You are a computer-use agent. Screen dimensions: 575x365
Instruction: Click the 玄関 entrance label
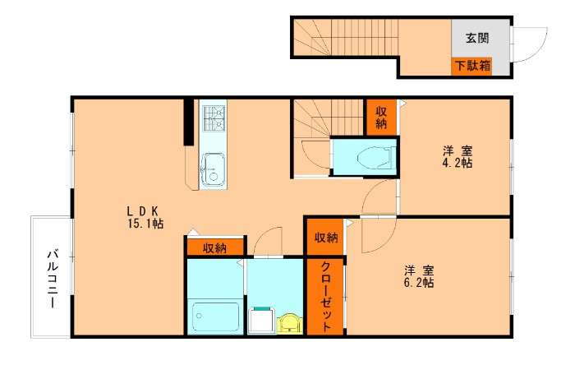[x=477, y=38]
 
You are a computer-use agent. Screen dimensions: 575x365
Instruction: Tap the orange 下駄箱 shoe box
[x=472, y=67]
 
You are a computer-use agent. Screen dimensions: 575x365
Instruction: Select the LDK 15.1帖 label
[x=145, y=217]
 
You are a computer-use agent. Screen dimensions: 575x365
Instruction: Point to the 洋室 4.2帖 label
[x=457, y=157]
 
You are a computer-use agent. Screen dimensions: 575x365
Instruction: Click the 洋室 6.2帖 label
[x=419, y=276]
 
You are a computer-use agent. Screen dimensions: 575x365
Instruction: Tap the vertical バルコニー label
[x=53, y=280]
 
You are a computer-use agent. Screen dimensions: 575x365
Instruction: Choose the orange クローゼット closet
[x=325, y=297]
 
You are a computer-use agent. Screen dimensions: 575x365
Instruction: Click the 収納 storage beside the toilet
[x=381, y=118]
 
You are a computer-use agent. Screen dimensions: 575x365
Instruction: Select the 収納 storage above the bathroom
[x=215, y=247]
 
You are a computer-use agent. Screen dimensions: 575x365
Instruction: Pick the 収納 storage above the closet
[x=325, y=237]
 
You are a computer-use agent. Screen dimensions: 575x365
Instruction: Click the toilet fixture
[x=376, y=158]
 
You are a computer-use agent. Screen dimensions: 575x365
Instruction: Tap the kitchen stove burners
[x=214, y=118]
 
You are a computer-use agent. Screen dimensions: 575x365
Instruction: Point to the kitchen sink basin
[x=213, y=169]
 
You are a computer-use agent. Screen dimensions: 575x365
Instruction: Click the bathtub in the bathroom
[x=215, y=316]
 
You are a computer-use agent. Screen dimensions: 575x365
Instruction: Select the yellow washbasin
[x=290, y=323]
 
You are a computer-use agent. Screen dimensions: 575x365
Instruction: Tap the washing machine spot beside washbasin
[x=262, y=321]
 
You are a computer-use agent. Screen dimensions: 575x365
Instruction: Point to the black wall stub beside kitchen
[x=188, y=122]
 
